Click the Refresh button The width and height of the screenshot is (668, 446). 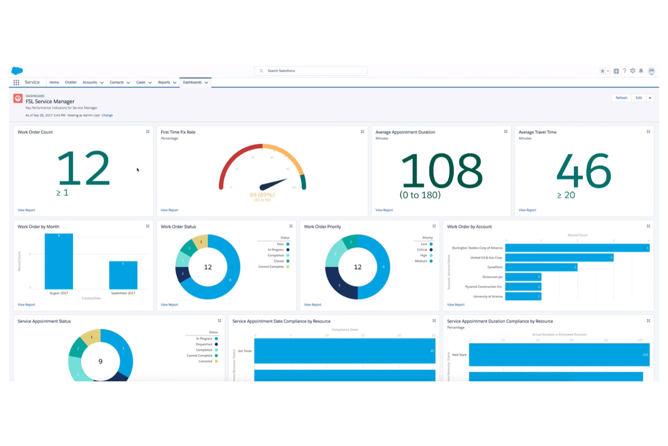[x=621, y=98]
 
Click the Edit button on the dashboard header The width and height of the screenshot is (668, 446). [x=638, y=98]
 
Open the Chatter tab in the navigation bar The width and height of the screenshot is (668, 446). [x=71, y=82]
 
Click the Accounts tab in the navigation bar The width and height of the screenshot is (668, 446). [x=90, y=82]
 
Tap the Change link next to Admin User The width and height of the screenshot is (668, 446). [x=107, y=115]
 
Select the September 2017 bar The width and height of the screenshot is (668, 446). [x=123, y=275]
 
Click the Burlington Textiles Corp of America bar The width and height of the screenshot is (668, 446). [x=577, y=248]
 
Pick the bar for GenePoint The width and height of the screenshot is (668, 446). [x=541, y=267]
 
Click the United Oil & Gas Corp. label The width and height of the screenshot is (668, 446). [x=486, y=258]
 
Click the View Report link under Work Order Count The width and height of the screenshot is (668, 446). [x=26, y=210]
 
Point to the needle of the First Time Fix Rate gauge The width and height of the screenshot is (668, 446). [x=274, y=184]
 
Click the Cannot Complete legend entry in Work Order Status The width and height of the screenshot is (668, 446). [x=271, y=267]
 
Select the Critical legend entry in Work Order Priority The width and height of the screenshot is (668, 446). [x=422, y=249]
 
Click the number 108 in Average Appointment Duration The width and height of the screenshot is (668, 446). [x=441, y=171]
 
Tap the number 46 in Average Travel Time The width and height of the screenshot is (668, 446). [x=584, y=171]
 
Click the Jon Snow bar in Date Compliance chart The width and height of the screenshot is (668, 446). [x=344, y=351]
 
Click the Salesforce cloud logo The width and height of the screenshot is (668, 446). [x=17, y=70]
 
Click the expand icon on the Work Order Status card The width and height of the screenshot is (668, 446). [x=291, y=226]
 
